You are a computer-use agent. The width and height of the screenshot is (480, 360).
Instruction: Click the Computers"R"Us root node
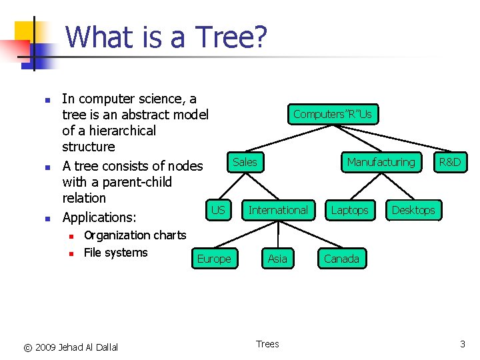[x=333, y=115]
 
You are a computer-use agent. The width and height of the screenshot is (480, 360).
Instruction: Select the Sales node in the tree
[x=245, y=162]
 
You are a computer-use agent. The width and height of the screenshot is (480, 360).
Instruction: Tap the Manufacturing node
[x=381, y=162]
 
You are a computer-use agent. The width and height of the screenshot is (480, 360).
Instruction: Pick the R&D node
[x=449, y=162]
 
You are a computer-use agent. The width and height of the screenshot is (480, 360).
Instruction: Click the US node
[x=218, y=210]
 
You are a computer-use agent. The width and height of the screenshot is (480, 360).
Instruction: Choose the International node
[x=278, y=210]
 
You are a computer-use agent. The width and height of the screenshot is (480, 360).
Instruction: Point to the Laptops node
[x=349, y=210]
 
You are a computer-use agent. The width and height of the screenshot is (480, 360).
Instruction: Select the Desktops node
[x=413, y=210]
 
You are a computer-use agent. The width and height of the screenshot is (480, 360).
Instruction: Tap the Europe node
[x=214, y=259]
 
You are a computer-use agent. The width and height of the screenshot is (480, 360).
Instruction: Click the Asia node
[x=277, y=259]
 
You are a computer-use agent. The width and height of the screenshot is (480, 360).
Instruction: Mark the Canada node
[x=341, y=259]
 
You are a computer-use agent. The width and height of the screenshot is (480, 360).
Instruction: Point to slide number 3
[x=462, y=344]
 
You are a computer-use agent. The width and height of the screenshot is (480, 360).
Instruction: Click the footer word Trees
[x=267, y=344]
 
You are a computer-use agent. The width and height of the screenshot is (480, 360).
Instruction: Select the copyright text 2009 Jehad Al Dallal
[x=76, y=347]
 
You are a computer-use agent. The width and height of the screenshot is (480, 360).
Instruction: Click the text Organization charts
[x=135, y=235]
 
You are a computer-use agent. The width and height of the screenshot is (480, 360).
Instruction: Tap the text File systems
[x=115, y=253]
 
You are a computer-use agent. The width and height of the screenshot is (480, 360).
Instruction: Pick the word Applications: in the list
[x=99, y=217]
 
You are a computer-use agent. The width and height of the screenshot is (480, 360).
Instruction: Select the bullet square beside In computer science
[x=47, y=101]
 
